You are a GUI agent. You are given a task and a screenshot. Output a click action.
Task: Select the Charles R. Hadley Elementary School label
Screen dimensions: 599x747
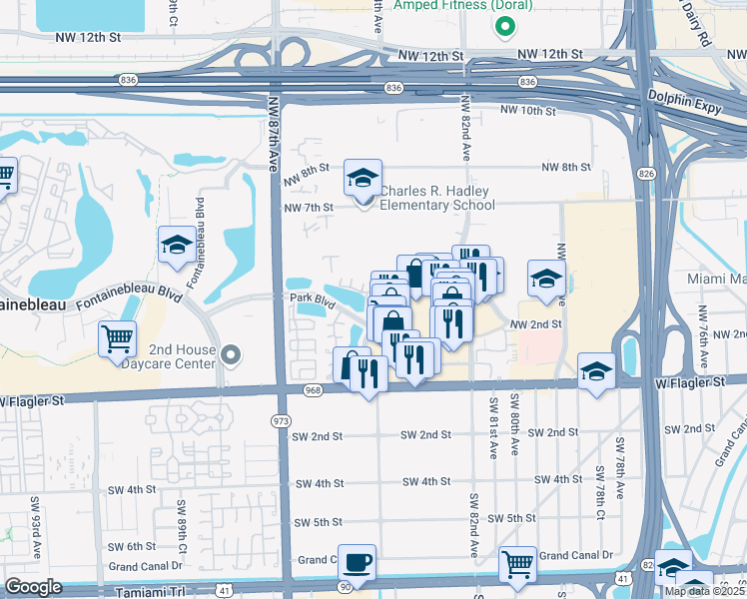(x=436, y=198)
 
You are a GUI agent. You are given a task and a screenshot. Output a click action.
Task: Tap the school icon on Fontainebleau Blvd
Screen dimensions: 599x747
(x=177, y=246)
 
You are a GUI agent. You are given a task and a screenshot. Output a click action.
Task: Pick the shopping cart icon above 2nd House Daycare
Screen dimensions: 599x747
(x=118, y=339)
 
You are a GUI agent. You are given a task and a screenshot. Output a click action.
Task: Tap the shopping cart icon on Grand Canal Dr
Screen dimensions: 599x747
(x=516, y=566)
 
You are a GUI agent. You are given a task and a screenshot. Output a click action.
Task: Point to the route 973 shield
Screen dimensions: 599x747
(x=281, y=421)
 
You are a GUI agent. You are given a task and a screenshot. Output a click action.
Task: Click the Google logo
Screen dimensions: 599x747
(x=33, y=587)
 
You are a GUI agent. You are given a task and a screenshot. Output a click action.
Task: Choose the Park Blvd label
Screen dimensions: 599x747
(x=310, y=298)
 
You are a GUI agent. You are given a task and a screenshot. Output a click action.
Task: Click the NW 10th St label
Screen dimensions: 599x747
(x=520, y=110)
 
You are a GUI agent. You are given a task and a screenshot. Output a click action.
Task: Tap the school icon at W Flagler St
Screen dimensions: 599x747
(x=596, y=372)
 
